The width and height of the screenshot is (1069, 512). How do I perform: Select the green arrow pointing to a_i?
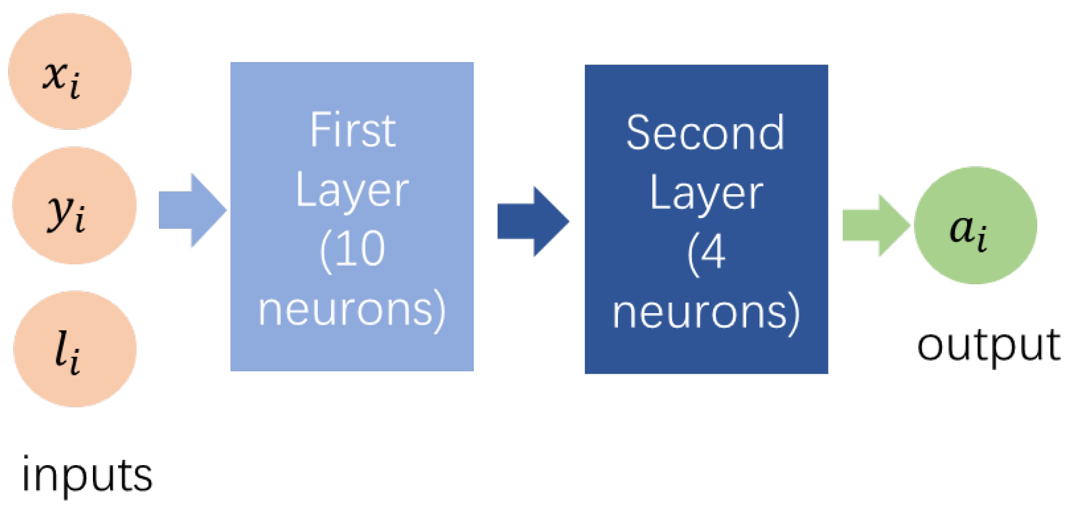pos(874,225)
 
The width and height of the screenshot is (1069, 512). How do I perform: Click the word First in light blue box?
pos(353,130)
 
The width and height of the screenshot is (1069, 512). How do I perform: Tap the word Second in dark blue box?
pos(705,133)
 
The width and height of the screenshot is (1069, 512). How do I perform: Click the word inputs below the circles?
pos(87,475)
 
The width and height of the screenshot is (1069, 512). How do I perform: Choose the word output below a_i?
pos(988,345)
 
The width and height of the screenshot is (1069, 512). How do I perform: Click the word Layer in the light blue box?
pos(352,191)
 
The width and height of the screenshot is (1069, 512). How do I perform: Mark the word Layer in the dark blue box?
pos(706,193)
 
